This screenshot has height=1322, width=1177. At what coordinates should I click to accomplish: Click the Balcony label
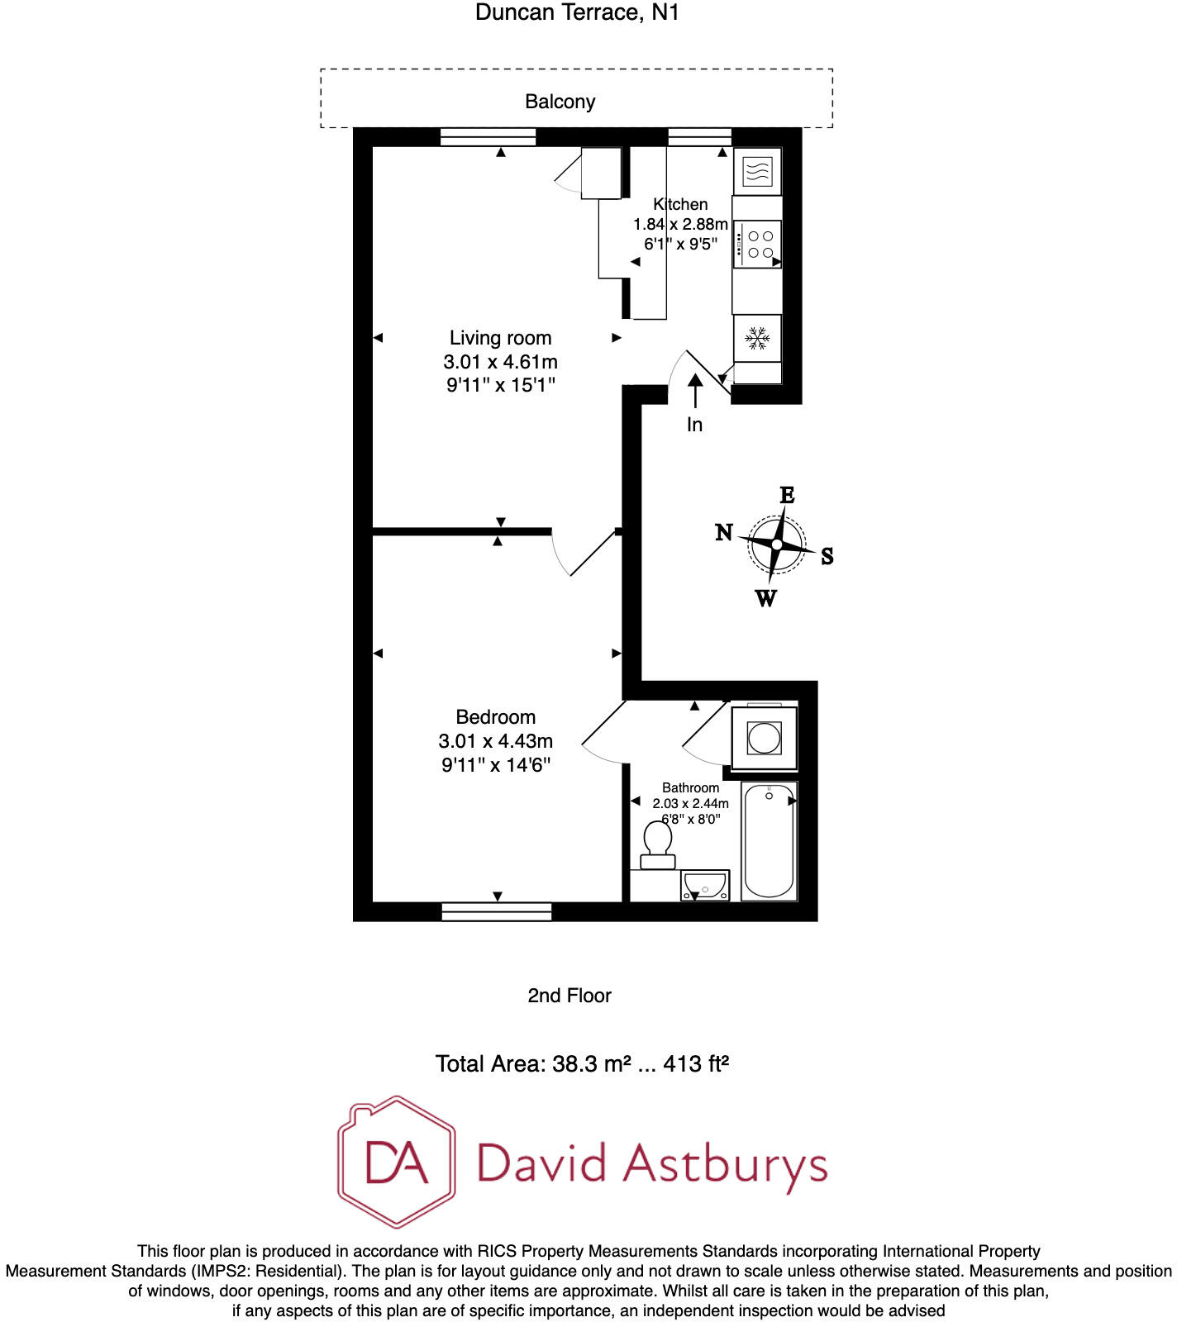pyautogui.click(x=560, y=102)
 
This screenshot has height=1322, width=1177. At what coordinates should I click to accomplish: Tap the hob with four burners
pyautogui.click(x=757, y=245)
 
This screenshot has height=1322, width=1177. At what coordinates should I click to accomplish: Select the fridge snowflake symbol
pyautogui.click(x=757, y=338)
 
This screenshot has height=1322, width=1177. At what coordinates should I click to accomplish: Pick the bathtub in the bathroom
pyautogui.click(x=769, y=840)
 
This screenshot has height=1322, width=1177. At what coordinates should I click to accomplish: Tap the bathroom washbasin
pyautogui.click(x=704, y=886)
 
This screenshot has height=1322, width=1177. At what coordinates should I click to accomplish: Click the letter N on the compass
pyautogui.click(x=724, y=532)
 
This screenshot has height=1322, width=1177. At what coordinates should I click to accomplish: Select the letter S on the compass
pyautogui.click(x=827, y=556)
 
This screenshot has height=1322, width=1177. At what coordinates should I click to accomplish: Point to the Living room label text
pyautogui.click(x=500, y=338)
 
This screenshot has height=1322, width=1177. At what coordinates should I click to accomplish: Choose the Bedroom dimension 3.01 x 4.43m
pyautogui.click(x=495, y=741)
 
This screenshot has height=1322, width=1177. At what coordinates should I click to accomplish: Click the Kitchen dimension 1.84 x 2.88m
pyautogui.click(x=680, y=224)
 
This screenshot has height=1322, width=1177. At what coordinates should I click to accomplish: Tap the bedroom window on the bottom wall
pyautogui.click(x=496, y=911)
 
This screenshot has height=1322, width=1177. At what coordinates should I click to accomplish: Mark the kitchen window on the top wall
pyautogui.click(x=699, y=136)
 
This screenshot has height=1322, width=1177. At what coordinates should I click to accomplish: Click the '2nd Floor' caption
pyautogui.click(x=569, y=996)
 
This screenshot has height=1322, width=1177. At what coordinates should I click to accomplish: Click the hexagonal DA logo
pyautogui.click(x=397, y=1162)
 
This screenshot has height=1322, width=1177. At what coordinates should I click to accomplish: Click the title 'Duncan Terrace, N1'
pyautogui.click(x=577, y=12)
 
